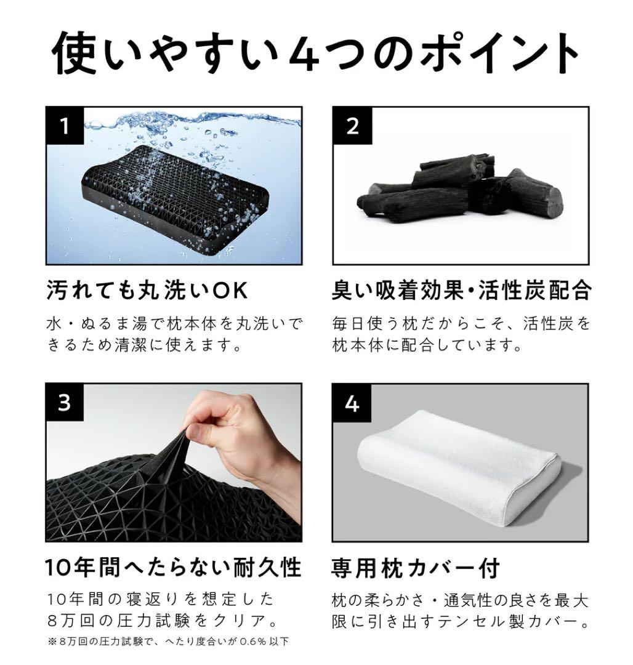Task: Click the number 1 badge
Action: pyautogui.click(x=65, y=126)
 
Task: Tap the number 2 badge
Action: pyautogui.click(x=352, y=126)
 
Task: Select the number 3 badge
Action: pyautogui.click(x=65, y=403)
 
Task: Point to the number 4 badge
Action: pyautogui.click(x=352, y=403)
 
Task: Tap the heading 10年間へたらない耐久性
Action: pyautogui.click(x=173, y=566)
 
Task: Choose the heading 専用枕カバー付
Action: pyautogui.click(x=415, y=566)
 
